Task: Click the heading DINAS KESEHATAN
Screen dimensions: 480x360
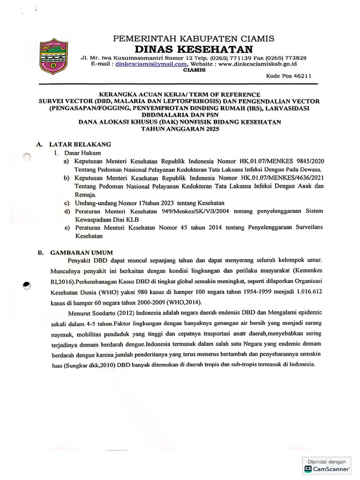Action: (194, 49)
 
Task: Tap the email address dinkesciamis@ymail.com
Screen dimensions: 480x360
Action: (151, 64)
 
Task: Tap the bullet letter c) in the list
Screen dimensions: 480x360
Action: (67, 202)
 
